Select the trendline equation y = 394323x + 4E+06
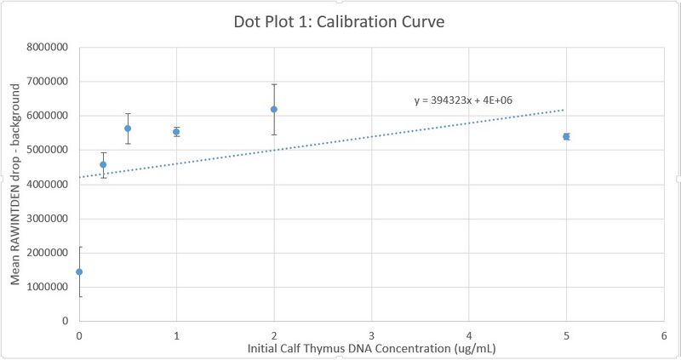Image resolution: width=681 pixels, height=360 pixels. pos(463,100)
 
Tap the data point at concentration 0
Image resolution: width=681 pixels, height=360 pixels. pos(79,271)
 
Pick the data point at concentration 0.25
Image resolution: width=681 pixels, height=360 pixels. pos(103,164)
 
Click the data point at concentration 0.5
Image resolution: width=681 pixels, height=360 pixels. pos(128,129)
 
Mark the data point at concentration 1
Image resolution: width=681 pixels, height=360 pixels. pos(176,132)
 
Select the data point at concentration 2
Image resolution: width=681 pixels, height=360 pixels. pos(273,109)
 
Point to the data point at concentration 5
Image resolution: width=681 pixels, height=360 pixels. pos(566,136)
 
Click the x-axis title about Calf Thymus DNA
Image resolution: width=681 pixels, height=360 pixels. pos(371,348)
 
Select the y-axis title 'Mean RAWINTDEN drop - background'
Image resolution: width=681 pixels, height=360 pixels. pos(16,184)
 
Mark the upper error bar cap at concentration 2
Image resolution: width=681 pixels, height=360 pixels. pos(273,84)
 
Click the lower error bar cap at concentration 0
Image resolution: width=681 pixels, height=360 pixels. pos(79,296)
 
